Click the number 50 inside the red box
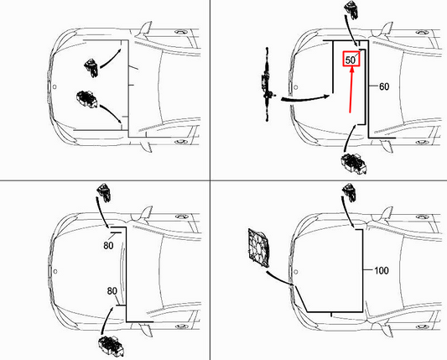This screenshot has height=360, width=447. [x=351, y=60]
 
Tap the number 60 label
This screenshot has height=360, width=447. [x=385, y=86]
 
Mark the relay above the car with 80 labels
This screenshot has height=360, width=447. [x=105, y=194]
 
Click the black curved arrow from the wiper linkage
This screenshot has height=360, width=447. [x=302, y=98]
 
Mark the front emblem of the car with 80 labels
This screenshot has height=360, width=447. [x=55, y=270]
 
